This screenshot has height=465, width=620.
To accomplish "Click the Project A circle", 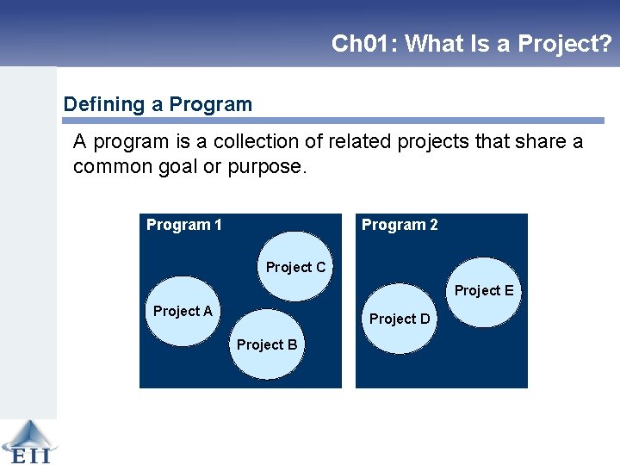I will click(183, 311).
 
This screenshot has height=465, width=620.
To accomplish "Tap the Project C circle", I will click(295, 267).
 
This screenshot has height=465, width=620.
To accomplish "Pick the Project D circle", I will click(400, 319).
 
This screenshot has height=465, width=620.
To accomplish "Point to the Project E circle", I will click(484, 291).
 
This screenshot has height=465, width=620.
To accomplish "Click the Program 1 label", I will click(184, 225).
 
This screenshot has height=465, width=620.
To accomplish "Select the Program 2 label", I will click(400, 225).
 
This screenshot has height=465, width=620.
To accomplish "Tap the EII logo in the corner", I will click(27, 442).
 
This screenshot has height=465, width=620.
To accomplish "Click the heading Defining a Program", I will click(158, 105).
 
